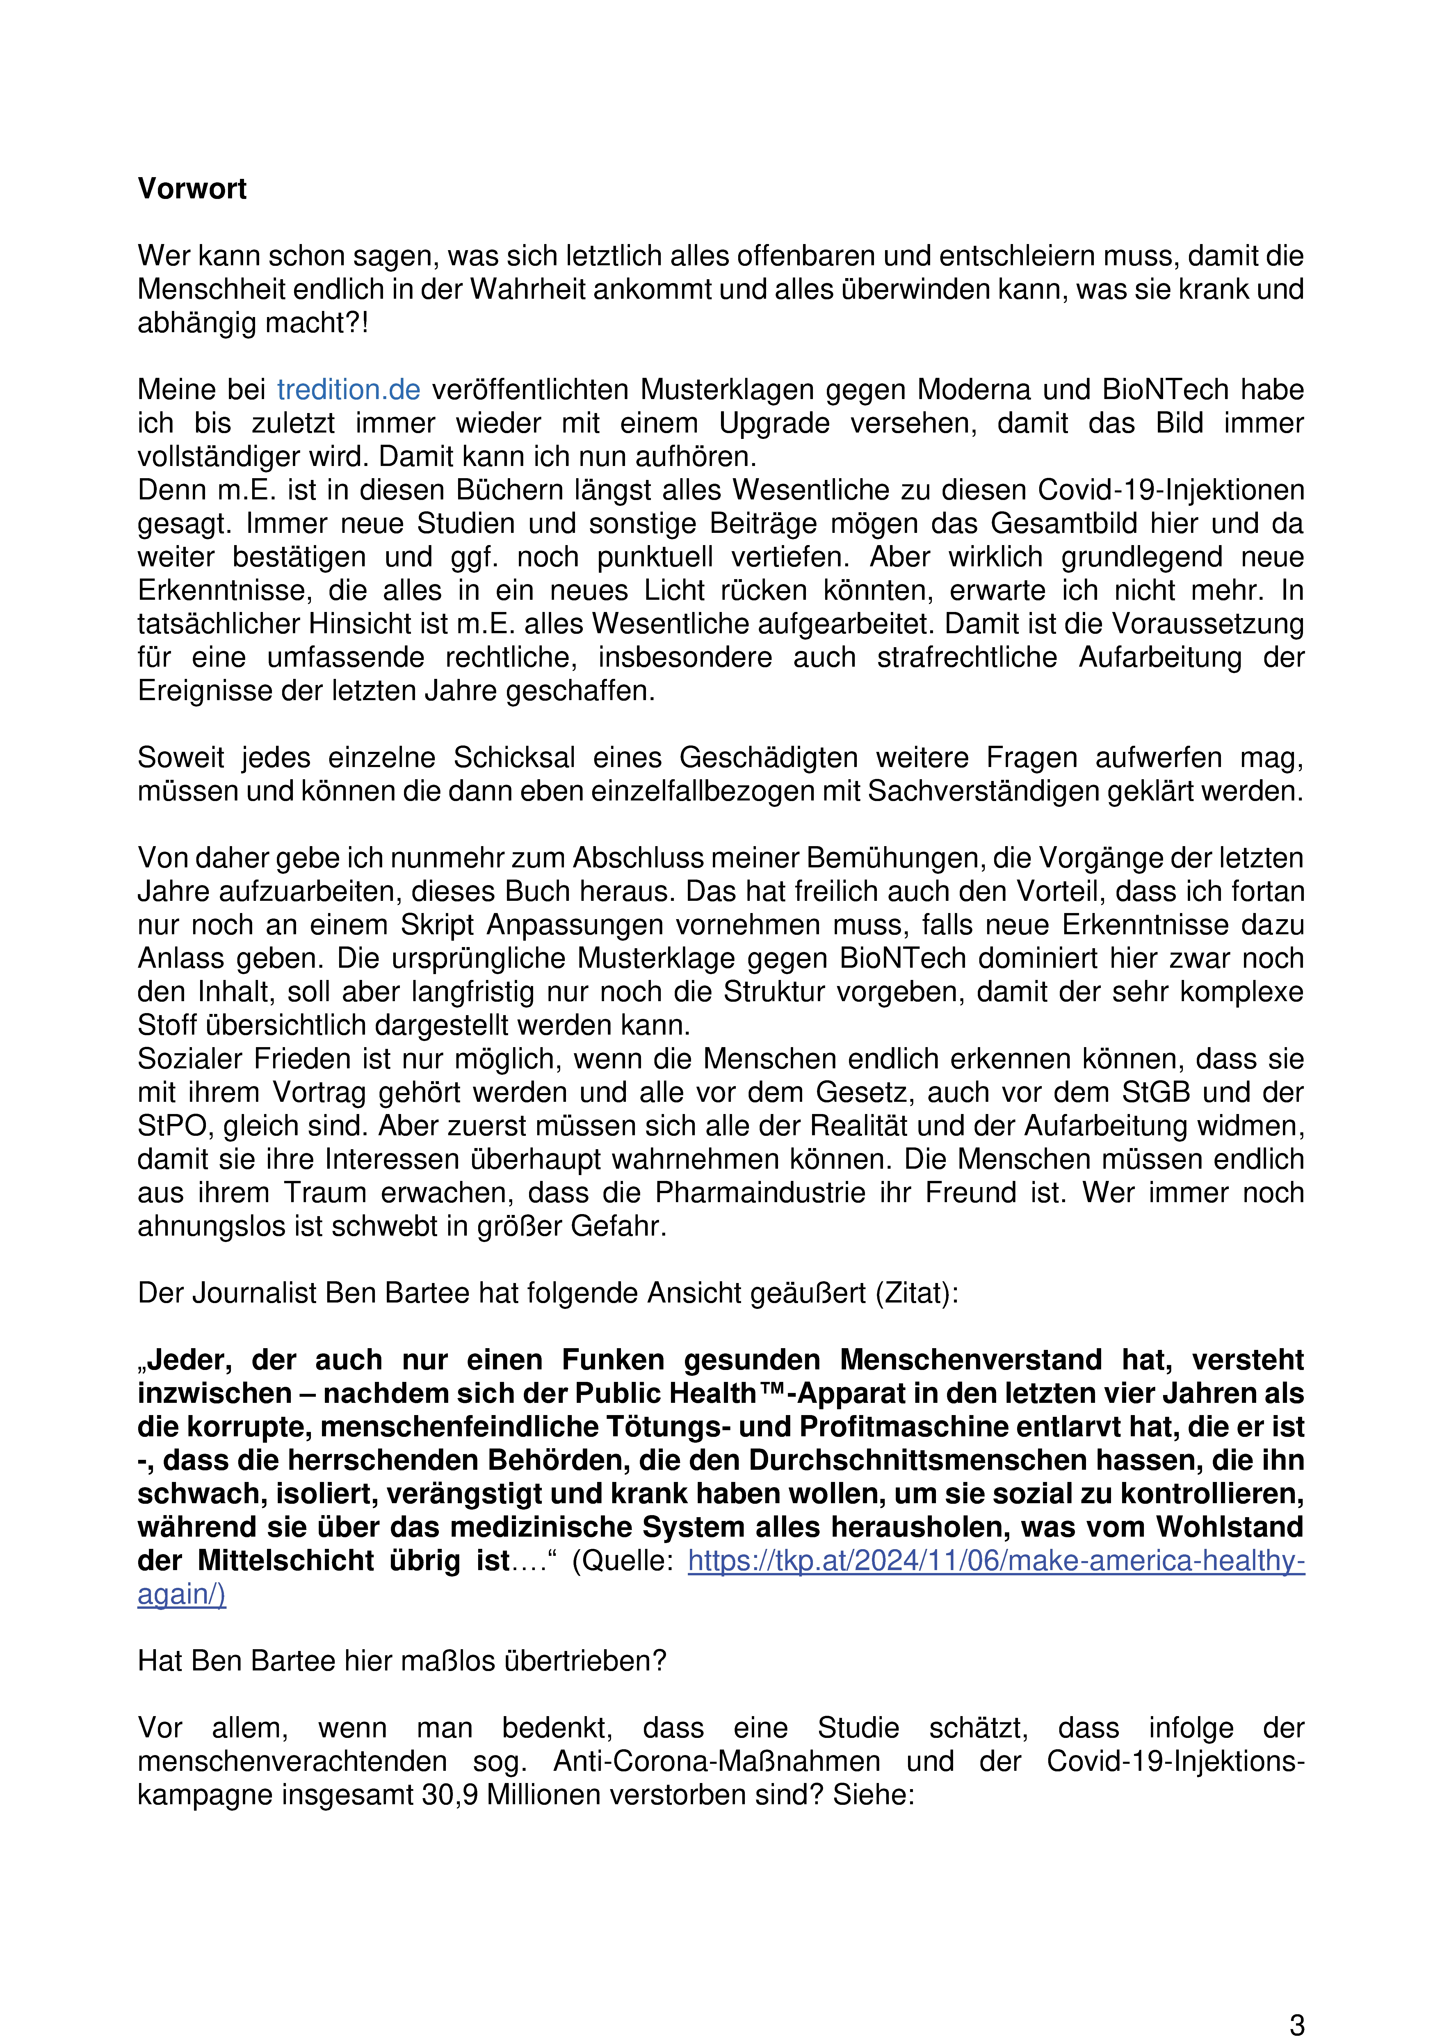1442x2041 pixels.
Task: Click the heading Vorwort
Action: (x=192, y=189)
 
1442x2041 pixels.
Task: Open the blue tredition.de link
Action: (x=348, y=390)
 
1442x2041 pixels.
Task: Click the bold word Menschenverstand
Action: (x=970, y=1360)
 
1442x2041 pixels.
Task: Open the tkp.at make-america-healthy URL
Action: (x=996, y=1561)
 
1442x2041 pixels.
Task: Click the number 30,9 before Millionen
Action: (x=450, y=1795)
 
